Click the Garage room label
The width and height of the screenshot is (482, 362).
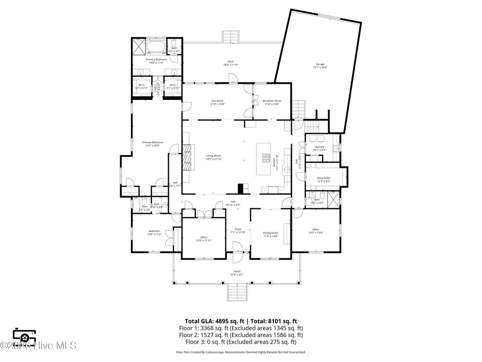point(320,66)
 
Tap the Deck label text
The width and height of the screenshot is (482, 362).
point(231,63)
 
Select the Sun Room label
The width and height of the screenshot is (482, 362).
point(217,102)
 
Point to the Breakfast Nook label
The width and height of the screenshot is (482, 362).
point(272,102)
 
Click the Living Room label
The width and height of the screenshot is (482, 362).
point(213,157)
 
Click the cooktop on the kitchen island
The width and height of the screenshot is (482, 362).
point(265,157)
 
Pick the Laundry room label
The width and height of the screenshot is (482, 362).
point(319,148)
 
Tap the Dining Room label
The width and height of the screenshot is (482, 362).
point(271,234)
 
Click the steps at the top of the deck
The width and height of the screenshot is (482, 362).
point(231,36)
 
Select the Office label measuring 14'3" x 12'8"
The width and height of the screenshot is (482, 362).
point(315,231)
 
